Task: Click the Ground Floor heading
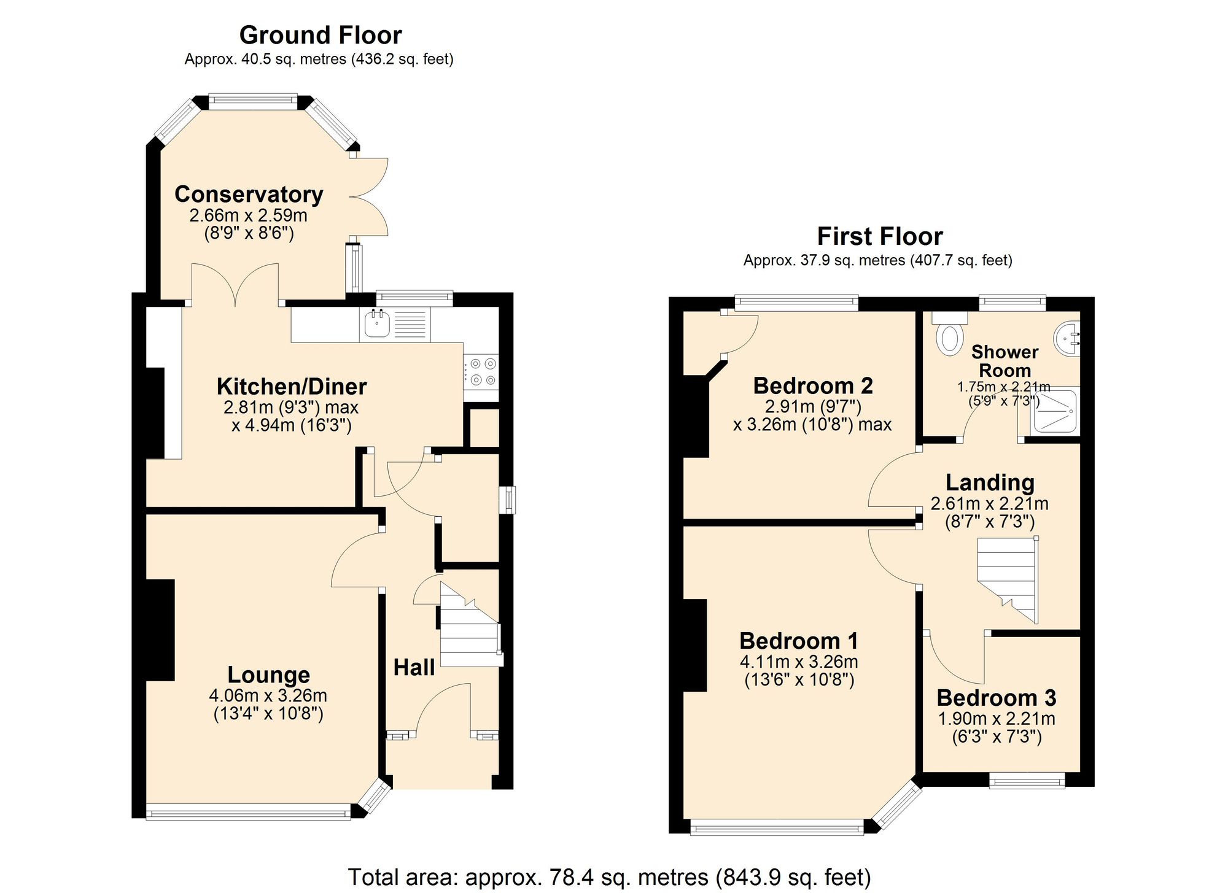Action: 320,35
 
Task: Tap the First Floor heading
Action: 879,236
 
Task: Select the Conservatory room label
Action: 249,194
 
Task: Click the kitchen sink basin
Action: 376,323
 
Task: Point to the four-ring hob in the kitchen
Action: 481,371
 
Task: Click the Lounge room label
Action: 268,675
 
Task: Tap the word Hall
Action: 414,668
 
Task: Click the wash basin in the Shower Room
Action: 1068,338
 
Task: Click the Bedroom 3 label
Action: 996,698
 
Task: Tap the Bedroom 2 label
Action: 812,385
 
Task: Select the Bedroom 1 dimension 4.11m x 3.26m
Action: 799,662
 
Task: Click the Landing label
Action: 989,482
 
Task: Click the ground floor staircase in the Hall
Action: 470,632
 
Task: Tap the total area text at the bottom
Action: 609,877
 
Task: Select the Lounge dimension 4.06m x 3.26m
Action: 268,695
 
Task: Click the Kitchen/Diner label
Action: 292,386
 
